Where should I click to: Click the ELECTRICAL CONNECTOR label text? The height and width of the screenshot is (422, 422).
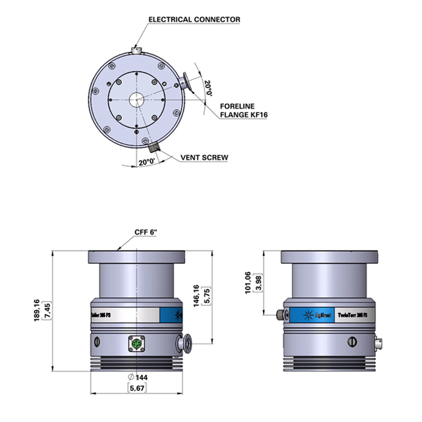coord(194,19)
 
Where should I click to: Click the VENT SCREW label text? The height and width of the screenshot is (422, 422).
coord(204,158)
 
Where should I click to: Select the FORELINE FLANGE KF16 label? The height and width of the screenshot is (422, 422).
coord(244,110)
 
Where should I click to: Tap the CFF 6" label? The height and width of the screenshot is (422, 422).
coord(146,232)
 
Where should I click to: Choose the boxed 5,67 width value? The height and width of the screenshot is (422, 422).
coord(137,388)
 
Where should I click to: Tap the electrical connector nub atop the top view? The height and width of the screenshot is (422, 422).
coord(136,49)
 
